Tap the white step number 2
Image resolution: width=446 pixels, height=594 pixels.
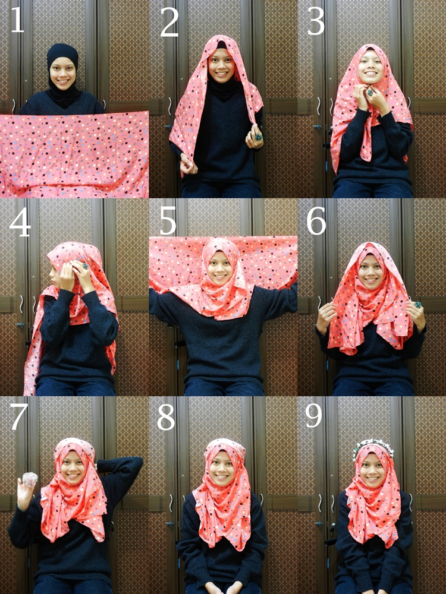[x=169, y=22]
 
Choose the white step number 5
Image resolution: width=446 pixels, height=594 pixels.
[x=168, y=222]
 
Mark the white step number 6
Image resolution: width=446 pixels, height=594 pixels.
[x=316, y=222]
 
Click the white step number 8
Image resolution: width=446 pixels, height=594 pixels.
[x=167, y=418]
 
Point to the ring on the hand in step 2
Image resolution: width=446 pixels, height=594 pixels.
[x=258, y=137]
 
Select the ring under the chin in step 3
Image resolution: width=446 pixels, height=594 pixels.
[x=369, y=93]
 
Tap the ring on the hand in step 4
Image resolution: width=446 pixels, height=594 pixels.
[x=85, y=267]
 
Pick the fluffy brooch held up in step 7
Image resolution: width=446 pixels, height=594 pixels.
[x=29, y=479]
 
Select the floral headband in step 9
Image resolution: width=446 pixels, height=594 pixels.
[x=372, y=446]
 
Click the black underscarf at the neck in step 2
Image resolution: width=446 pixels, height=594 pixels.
[x=223, y=89]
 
